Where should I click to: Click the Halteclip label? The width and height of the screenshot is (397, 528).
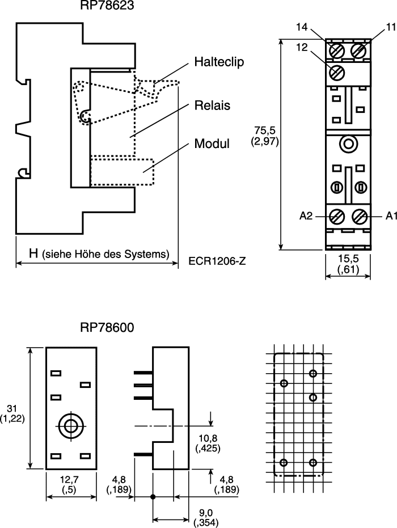(219, 62)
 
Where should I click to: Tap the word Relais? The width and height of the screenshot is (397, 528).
(212, 105)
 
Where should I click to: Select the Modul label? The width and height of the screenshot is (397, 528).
(212, 144)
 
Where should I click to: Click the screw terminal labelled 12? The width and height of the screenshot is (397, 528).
(336, 73)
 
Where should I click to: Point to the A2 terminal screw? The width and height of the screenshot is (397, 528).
(336, 216)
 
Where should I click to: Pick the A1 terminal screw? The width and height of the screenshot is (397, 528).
(360, 216)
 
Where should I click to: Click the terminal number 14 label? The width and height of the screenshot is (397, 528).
(302, 27)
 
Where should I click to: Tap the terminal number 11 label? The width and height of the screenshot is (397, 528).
(391, 27)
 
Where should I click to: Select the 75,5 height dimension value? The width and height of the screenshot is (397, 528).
(265, 130)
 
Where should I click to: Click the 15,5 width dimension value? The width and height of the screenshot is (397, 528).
(348, 259)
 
